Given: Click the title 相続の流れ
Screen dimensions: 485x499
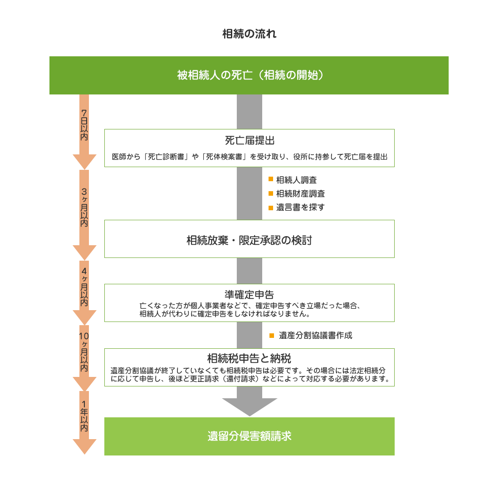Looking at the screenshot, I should (x=249, y=34).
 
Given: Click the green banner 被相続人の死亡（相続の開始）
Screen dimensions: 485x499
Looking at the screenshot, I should (x=249, y=75).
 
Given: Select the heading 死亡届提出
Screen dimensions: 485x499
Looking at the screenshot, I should (x=249, y=140).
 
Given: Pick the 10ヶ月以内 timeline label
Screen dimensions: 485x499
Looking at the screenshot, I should (x=84, y=352).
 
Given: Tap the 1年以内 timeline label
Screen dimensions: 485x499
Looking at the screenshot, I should (x=84, y=416).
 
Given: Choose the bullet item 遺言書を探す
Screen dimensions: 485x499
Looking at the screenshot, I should (x=300, y=207).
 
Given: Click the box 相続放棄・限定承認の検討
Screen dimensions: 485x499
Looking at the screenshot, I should (x=249, y=239).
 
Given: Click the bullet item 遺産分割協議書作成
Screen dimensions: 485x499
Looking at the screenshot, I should (x=315, y=336).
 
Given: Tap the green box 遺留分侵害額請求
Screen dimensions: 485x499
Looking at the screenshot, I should (x=249, y=436).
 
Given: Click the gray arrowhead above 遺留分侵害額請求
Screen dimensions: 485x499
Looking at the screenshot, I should (x=249, y=406).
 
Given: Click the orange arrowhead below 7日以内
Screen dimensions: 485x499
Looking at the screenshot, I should (x=84, y=161).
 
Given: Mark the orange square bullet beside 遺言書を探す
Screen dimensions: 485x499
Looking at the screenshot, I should (x=271, y=208).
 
